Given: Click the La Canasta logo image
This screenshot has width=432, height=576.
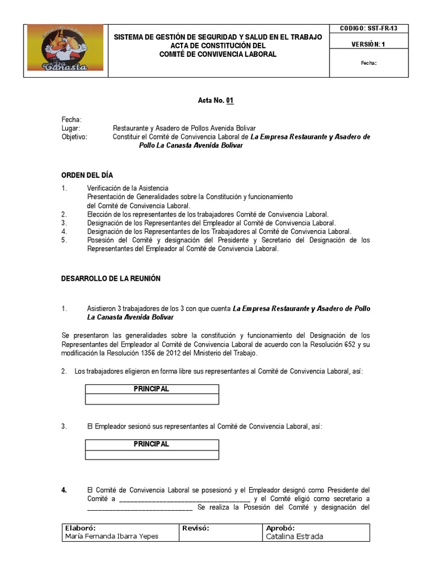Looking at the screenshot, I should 65,48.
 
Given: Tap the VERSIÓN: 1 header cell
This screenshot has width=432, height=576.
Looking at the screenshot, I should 368,44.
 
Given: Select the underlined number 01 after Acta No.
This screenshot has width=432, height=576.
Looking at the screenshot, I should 229,101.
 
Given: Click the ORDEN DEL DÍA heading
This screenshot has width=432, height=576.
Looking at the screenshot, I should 87,175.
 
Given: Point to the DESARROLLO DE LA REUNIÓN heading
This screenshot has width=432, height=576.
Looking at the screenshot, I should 111,278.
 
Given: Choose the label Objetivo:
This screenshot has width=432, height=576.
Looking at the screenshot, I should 74,137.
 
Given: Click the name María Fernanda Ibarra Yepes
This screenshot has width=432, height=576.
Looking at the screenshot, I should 112,537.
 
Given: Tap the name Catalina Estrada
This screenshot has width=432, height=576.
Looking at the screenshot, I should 294,537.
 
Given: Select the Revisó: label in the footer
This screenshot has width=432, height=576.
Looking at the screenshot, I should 196,529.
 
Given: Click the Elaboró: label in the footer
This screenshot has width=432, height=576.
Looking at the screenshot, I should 80,529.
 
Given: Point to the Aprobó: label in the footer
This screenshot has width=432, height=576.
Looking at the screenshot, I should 280,529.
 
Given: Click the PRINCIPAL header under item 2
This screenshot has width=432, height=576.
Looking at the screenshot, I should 151,389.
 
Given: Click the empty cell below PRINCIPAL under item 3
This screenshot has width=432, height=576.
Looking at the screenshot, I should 151,454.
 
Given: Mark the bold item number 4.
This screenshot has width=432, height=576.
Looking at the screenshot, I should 64,490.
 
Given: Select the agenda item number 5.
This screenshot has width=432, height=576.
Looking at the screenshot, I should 64,240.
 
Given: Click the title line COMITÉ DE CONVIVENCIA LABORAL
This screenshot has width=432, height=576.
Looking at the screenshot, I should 218,55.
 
